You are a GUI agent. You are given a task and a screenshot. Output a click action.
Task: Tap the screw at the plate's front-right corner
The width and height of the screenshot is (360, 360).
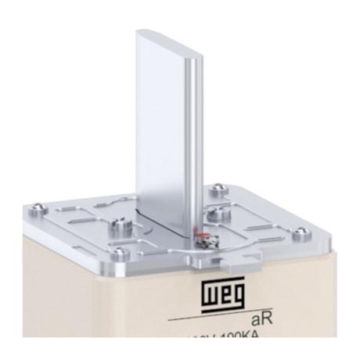tap(297, 231)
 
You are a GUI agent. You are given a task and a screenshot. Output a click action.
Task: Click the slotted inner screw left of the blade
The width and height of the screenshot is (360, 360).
tap(122, 226)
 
